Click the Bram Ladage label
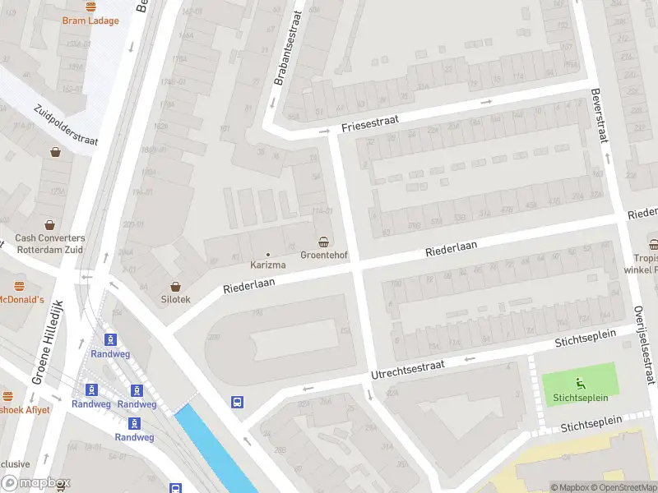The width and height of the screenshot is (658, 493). (90, 21)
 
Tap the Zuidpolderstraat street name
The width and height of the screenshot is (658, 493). (66, 125)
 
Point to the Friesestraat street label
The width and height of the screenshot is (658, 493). (370, 123)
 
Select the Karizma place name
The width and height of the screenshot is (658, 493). (268, 265)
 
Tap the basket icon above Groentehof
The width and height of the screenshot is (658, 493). (325, 242)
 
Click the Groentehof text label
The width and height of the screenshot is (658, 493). (325, 256)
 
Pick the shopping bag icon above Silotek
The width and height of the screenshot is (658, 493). (174, 285)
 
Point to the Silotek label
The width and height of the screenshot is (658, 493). (174, 300)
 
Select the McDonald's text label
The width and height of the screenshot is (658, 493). (21, 300)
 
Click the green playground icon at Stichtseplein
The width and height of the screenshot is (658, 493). (580, 382)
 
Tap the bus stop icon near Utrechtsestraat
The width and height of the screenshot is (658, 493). (237, 402)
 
